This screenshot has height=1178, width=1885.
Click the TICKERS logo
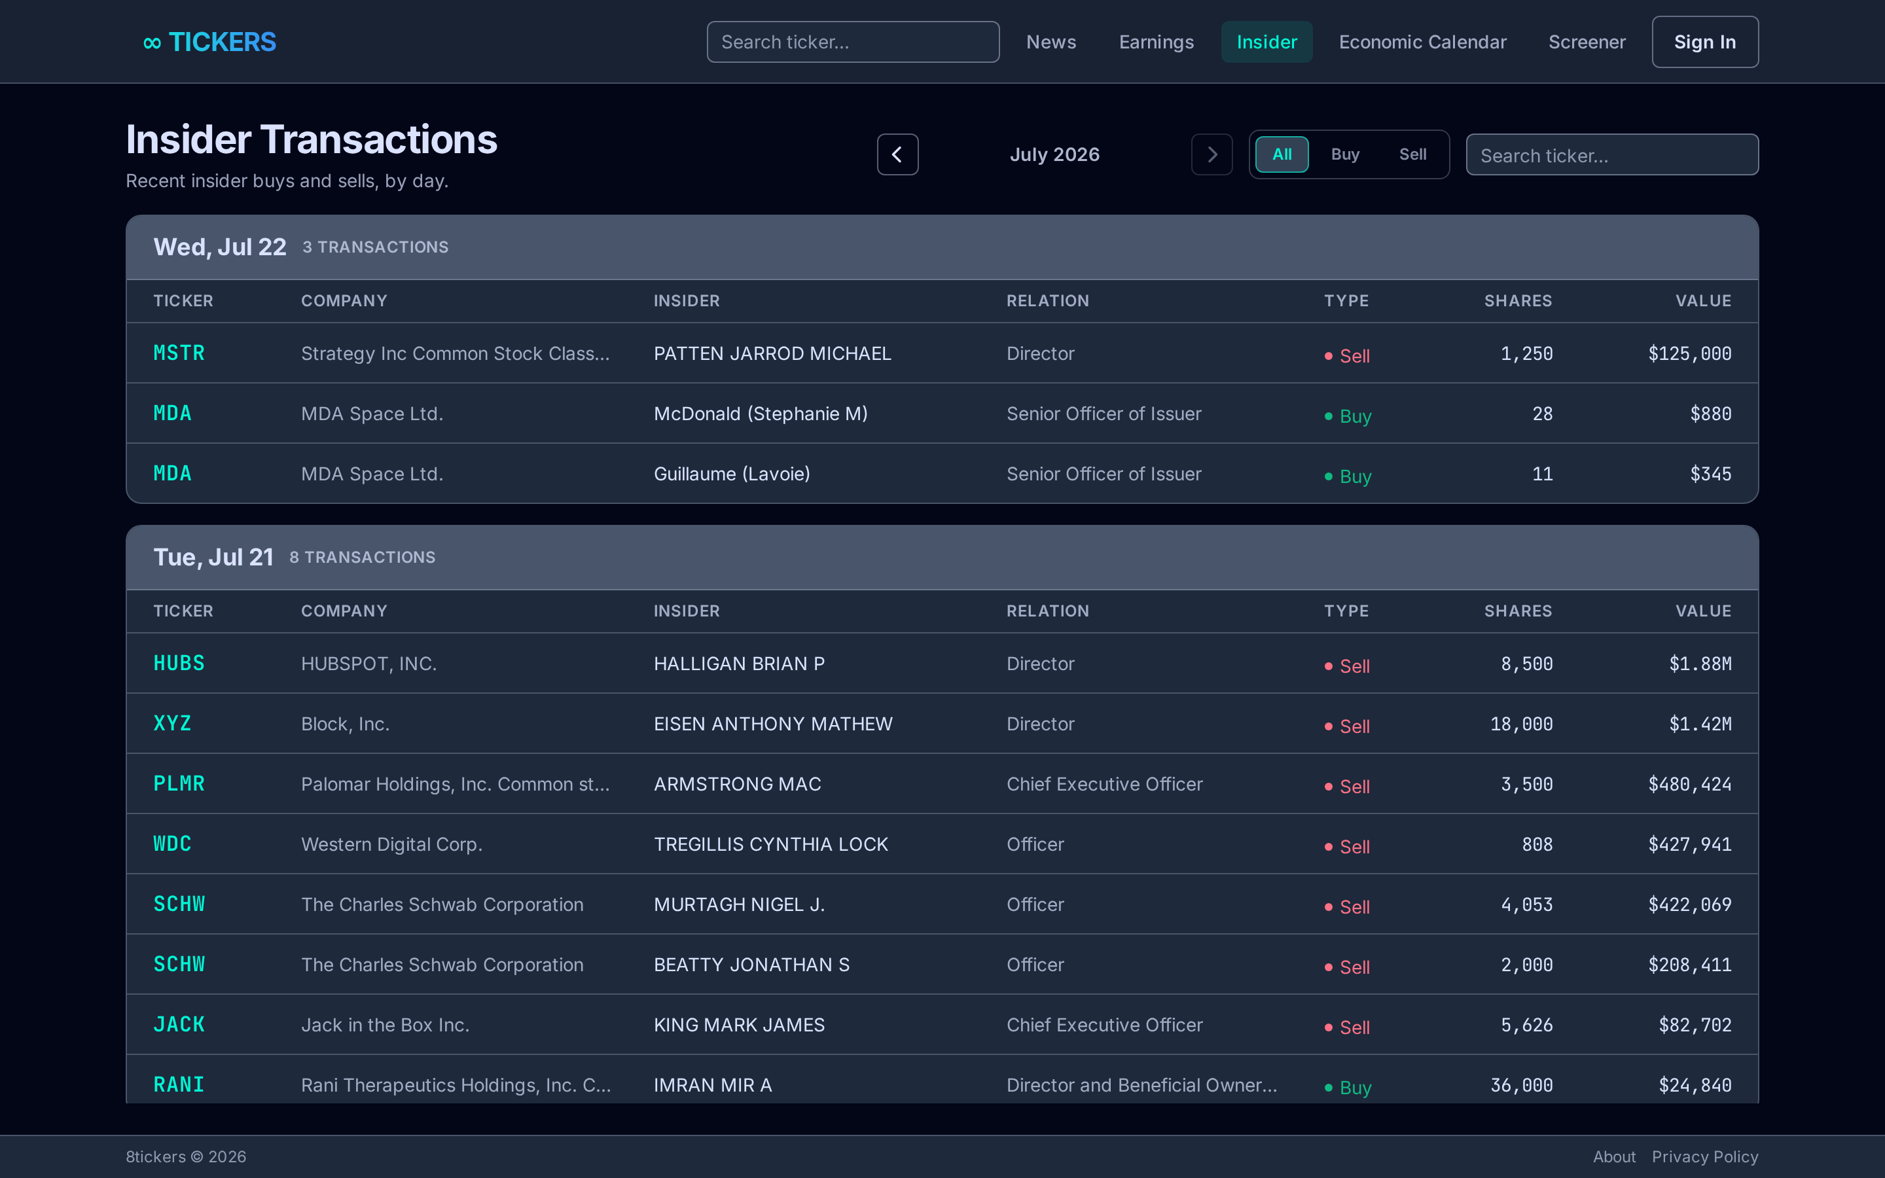click(209, 42)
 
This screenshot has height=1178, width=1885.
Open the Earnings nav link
click(1156, 42)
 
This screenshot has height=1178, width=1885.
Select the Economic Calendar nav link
click(1422, 42)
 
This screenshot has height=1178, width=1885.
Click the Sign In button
click(1704, 42)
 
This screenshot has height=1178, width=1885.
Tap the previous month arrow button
click(897, 154)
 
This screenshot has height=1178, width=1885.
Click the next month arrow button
click(1212, 154)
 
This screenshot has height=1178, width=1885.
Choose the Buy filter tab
click(1344, 154)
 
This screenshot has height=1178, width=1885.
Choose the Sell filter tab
click(1412, 154)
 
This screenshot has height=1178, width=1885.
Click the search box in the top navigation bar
click(853, 42)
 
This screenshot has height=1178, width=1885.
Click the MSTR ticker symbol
click(179, 353)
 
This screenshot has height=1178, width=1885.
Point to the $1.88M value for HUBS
click(1700, 664)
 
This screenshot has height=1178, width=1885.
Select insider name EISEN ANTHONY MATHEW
click(773, 724)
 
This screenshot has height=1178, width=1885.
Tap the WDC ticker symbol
click(172, 844)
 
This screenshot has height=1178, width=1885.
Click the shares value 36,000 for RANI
click(1521, 1085)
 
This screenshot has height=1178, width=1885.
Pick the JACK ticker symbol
click(179, 1024)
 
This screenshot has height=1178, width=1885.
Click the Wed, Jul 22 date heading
click(220, 247)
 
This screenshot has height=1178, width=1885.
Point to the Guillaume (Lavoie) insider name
click(731, 474)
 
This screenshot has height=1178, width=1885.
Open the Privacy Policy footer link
click(1704, 1157)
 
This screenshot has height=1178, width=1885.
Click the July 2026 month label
click(1054, 154)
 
